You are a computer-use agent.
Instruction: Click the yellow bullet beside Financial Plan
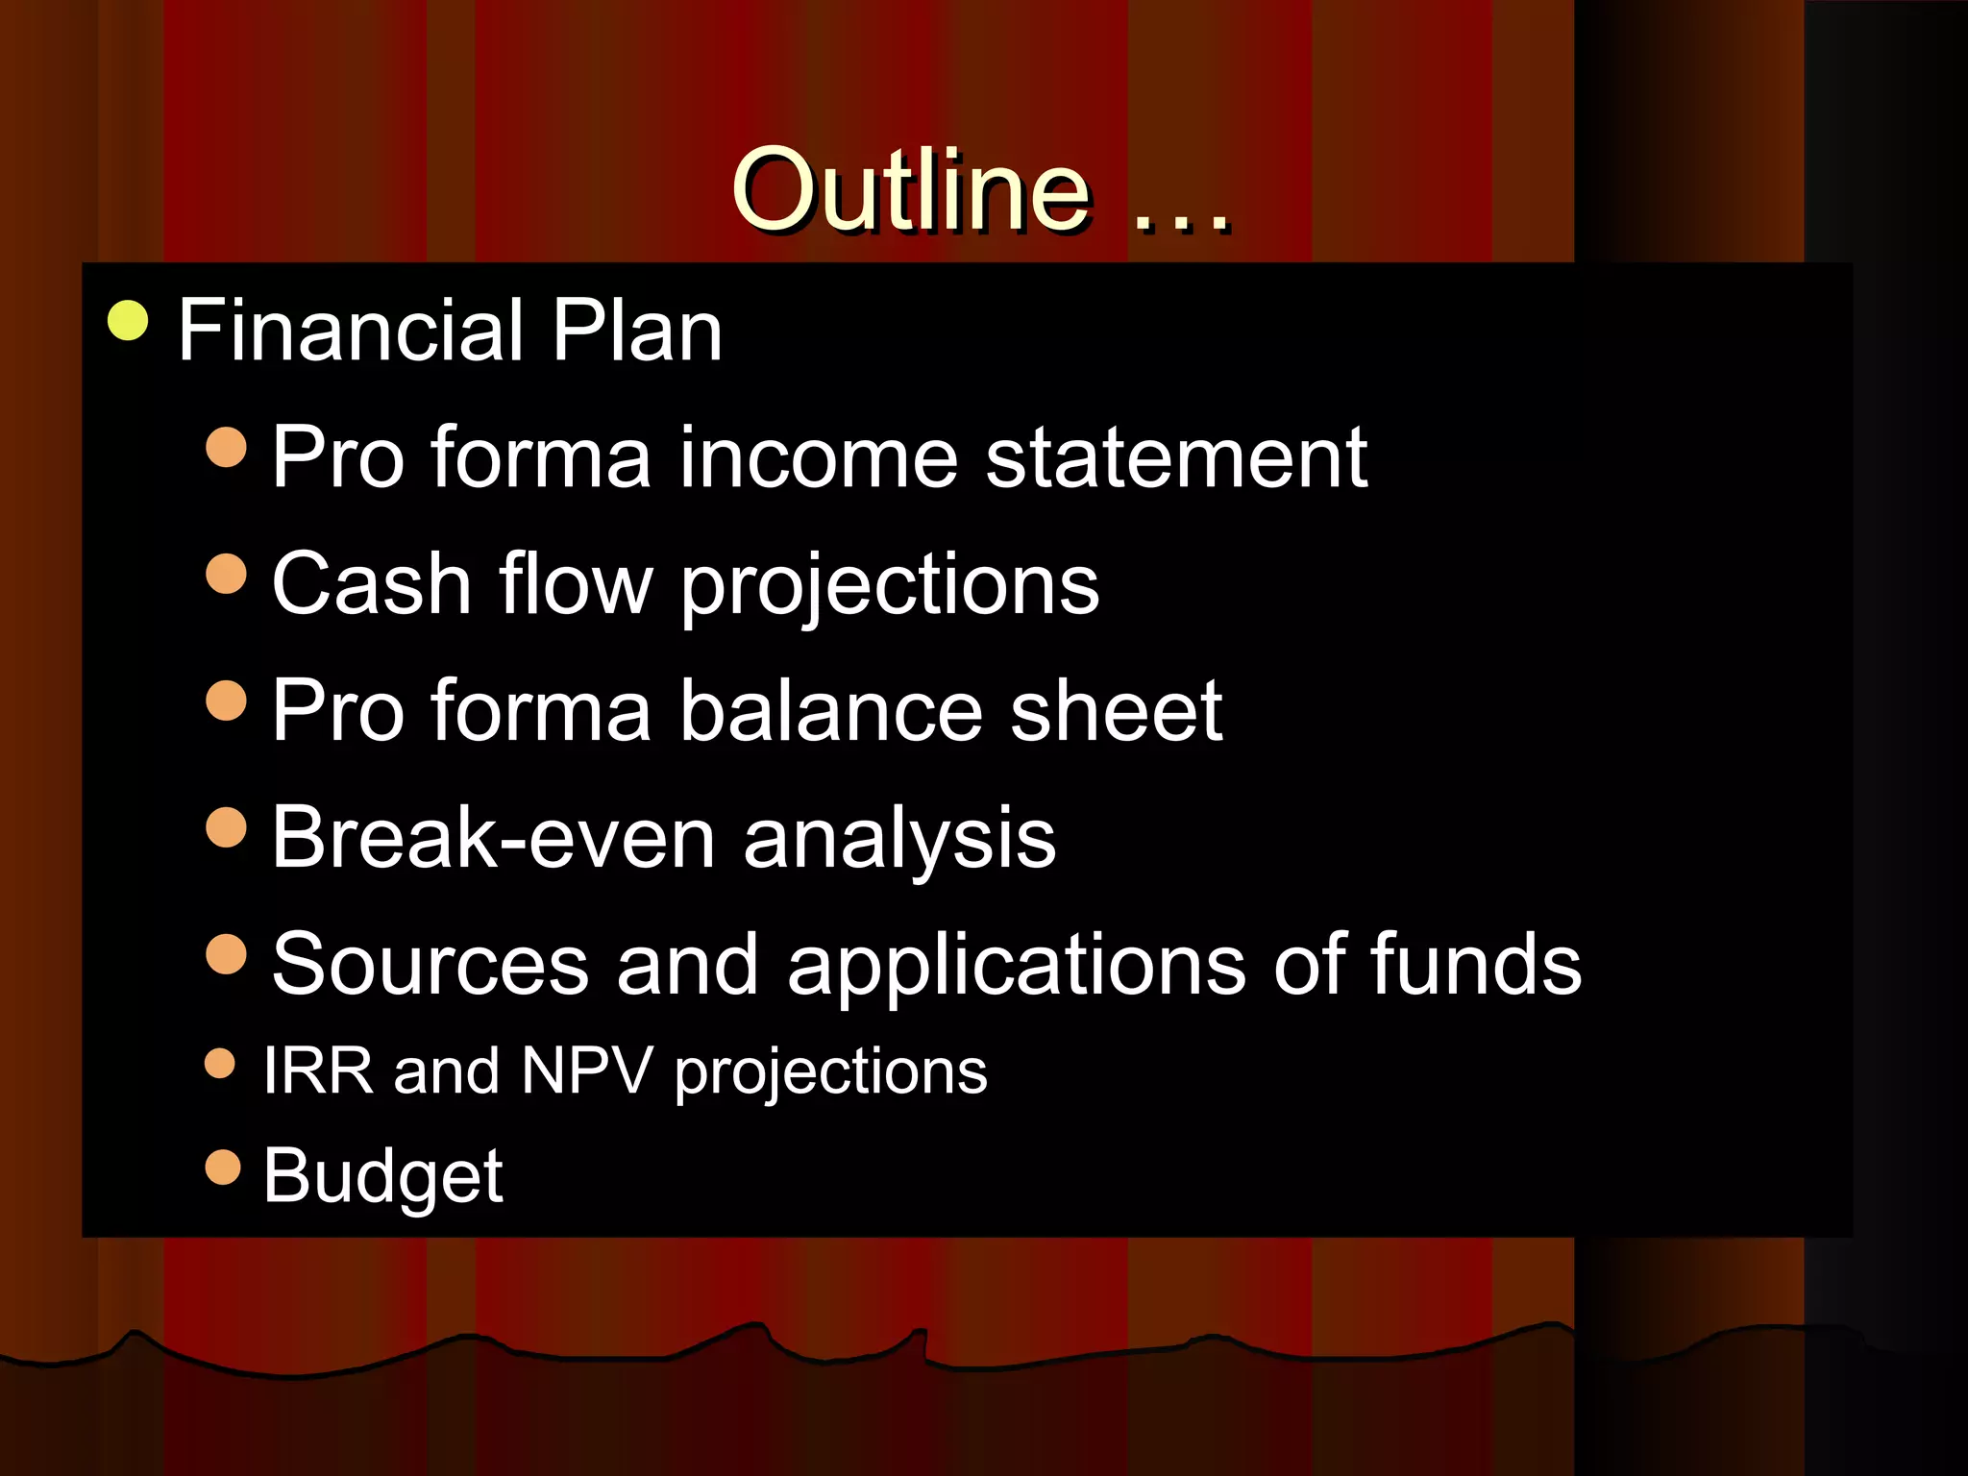(128, 321)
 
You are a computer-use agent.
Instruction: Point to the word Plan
(636, 331)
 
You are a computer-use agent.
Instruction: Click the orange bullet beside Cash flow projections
(227, 574)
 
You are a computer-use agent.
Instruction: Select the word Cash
(371, 584)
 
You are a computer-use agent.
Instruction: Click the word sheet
(1117, 711)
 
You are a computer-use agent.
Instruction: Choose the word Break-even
(494, 838)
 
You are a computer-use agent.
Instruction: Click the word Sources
(430, 965)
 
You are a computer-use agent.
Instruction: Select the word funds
(1475, 965)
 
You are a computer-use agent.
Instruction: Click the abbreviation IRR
(318, 1070)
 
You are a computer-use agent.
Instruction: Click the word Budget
(382, 1176)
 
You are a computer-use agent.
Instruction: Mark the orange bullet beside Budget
(223, 1168)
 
